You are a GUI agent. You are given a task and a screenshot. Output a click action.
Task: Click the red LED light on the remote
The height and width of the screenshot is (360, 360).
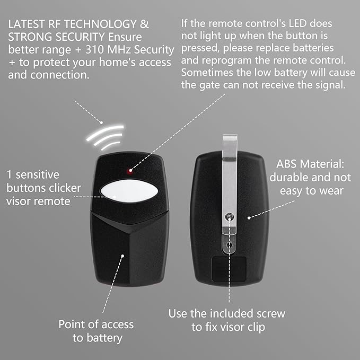point(130,171)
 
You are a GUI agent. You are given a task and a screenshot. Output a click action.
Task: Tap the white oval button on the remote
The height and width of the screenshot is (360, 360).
point(129,191)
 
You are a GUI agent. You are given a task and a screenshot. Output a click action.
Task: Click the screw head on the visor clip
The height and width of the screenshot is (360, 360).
point(230,216)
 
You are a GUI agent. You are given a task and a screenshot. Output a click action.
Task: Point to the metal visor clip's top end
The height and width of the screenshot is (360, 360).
point(230,136)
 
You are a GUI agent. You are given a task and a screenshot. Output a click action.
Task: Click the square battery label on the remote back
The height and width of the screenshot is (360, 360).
point(229,269)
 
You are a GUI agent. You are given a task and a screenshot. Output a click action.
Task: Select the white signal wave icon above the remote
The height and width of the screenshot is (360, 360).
point(105,137)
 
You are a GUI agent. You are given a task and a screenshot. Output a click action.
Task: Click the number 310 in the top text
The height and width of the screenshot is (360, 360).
point(95,50)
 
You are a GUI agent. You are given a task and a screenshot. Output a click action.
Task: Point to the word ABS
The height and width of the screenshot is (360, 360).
point(286,164)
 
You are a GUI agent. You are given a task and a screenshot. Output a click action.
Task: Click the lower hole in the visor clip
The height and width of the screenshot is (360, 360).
point(229,245)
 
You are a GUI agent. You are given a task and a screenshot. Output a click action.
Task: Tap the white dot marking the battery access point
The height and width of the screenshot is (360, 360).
point(122,256)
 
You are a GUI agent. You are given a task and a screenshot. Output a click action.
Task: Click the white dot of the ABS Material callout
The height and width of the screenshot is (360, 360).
point(249,218)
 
